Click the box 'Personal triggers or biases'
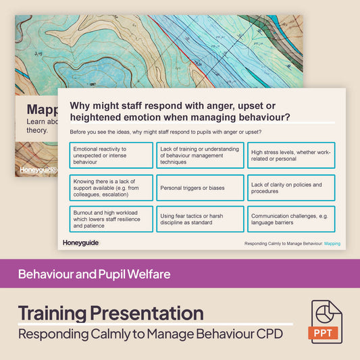point(200,188)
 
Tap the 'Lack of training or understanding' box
point(200,155)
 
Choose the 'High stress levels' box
point(290,155)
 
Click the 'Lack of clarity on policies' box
point(290,188)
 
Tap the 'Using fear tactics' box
point(200,219)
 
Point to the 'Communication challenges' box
point(290,219)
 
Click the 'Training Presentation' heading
point(110,313)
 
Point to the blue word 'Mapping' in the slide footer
point(332,242)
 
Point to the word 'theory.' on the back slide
point(37,130)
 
